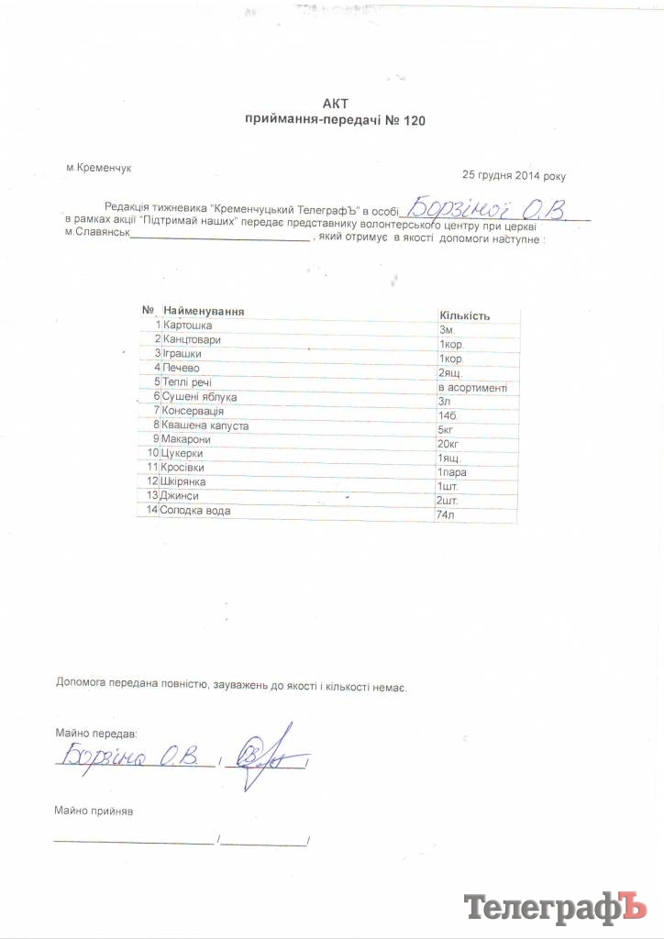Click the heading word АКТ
coord(336,103)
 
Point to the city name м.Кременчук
coord(100,169)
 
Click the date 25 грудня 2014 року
coord(515,174)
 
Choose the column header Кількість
coord(465,315)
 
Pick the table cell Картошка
coord(188,326)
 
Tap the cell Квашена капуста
coord(205,425)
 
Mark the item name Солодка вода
coord(196,510)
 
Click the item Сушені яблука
coord(200,397)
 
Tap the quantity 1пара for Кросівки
coord(453,472)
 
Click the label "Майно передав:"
coord(95,735)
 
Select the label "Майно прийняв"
coord(94,812)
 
